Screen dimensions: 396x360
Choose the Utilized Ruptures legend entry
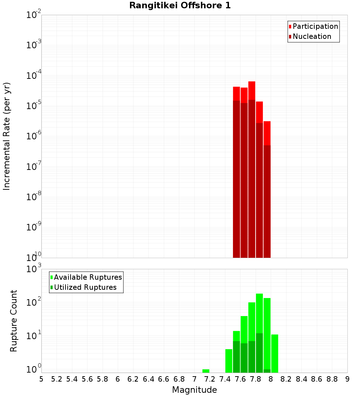click(x=85, y=287)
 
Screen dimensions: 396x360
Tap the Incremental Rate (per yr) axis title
click(x=7, y=136)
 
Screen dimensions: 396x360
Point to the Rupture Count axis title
click(x=14, y=320)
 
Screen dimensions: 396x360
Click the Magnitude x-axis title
click(x=194, y=390)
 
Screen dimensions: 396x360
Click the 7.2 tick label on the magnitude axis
click(x=210, y=379)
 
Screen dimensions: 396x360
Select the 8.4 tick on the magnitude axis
click(x=302, y=379)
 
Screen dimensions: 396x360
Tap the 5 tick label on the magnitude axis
click(x=41, y=379)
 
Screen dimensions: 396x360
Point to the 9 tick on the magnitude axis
click(x=347, y=379)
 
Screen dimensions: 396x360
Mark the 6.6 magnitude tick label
click(x=164, y=379)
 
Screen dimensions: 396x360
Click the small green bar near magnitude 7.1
click(x=206, y=371)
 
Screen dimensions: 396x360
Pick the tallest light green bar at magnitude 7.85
click(x=259, y=313)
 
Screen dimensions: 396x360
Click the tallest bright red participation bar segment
click(x=252, y=90)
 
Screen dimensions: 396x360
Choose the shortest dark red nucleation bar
click(x=267, y=202)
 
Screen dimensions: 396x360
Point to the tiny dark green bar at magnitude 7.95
click(x=267, y=371)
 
